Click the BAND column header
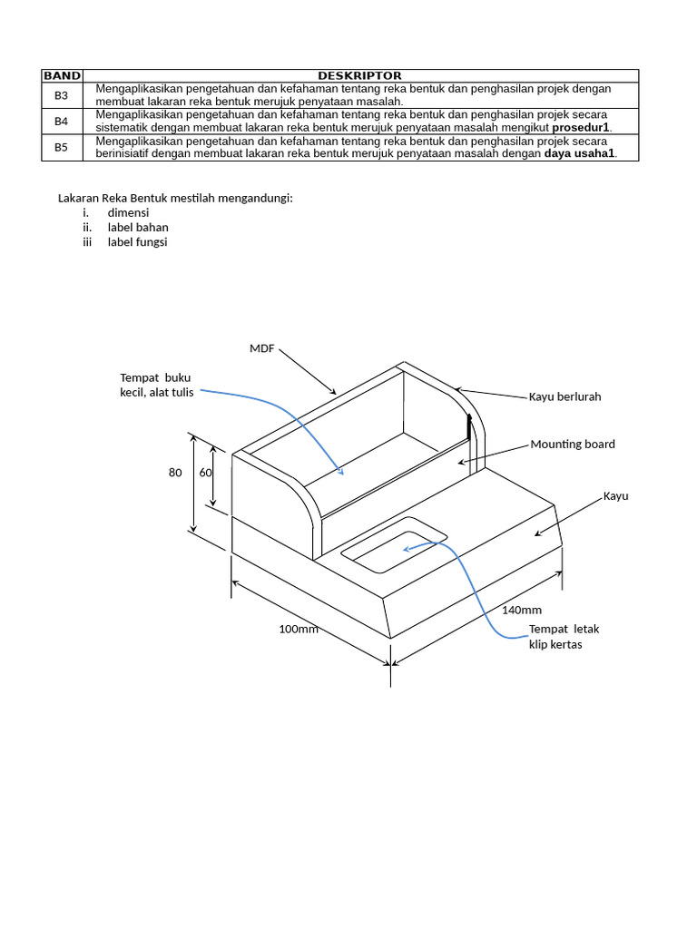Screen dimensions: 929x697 (x=62, y=75)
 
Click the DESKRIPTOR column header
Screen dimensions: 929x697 (x=359, y=75)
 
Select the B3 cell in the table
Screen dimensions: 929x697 (x=62, y=94)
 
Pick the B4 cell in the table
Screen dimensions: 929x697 (x=62, y=121)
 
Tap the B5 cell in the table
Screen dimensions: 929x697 (x=62, y=147)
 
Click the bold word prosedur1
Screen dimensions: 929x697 (x=581, y=127)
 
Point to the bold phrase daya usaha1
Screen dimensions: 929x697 (x=579, y=153)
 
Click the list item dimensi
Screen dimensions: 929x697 (x=128, y=212)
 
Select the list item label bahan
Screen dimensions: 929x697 (x=138, y=227)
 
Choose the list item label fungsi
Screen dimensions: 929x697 (x=138, y=242)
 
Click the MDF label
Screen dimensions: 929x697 (x=261, y=348)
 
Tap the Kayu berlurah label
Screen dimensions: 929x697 (x=564, y=396)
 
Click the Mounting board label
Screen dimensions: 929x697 (x=573, y=444)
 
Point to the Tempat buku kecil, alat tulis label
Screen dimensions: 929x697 (x=156, y=385)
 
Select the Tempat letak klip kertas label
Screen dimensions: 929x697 (x=564, y=636)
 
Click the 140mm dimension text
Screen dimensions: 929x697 (x=522, y=610)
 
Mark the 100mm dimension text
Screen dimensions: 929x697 (x=299, y=629)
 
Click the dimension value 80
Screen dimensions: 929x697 (x=175, y=473)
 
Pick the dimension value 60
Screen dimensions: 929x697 (x=206, y=473)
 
